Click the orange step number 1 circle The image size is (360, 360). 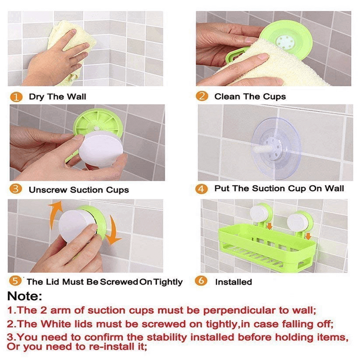tap(16, 97)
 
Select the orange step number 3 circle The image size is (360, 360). tap(16, 189)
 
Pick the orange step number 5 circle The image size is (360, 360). tap(16, 281)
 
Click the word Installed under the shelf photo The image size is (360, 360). tap(233, 282)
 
